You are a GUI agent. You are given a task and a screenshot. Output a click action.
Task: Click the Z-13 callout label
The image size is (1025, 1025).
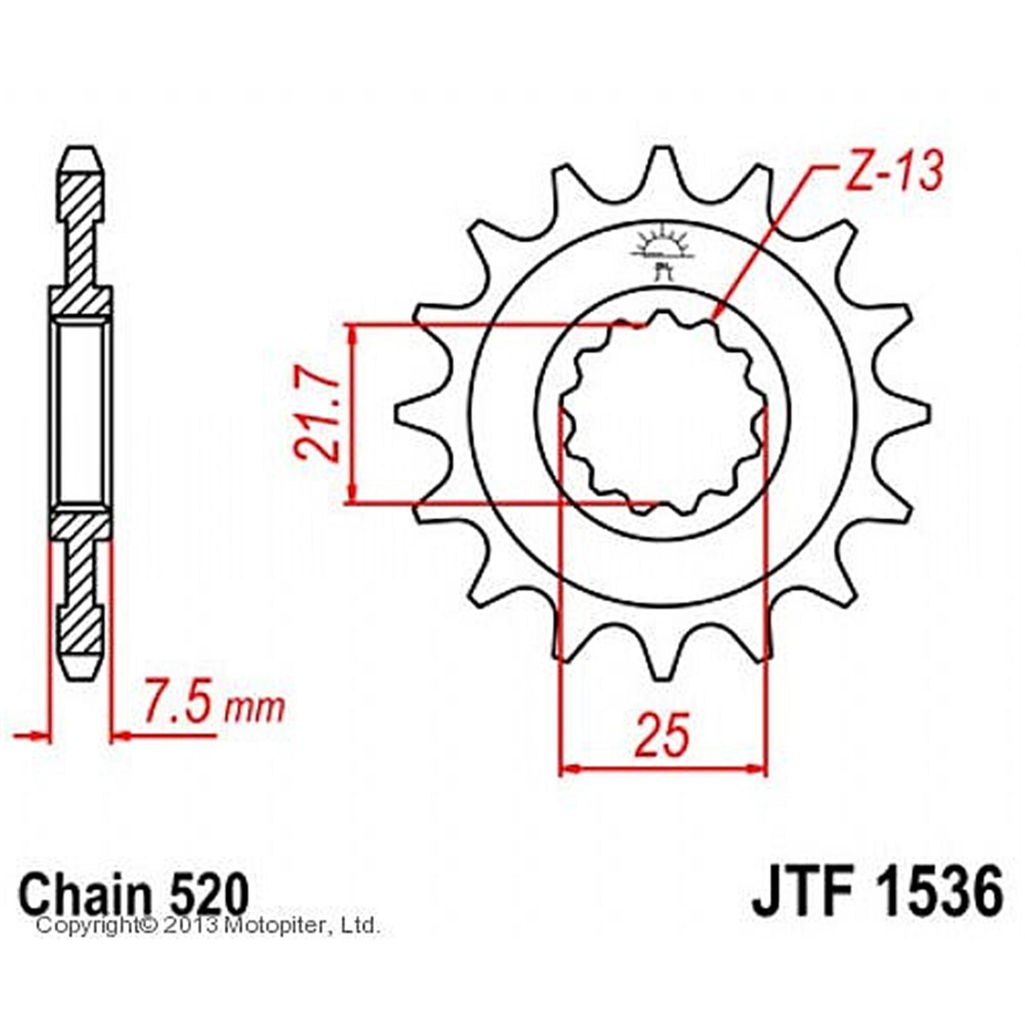895,172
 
